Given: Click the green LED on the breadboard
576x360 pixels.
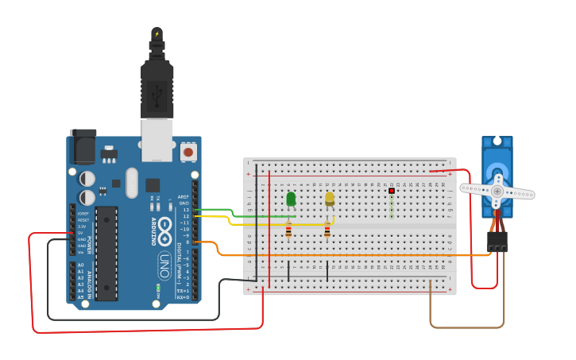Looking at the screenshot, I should [291, 199].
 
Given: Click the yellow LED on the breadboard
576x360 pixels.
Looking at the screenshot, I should [330, 199].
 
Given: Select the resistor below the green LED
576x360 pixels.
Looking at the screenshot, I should [288, 230].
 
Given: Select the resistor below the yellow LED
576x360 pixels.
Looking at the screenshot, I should [327, 230].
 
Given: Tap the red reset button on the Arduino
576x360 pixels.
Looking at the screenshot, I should [188, 151].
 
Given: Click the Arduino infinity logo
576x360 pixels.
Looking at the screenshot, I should [165, 230].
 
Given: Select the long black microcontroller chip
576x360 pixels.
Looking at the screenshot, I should [106, 254].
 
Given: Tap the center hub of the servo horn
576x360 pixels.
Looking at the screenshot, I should [497, 192].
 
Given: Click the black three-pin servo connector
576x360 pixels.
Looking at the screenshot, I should [497, 242].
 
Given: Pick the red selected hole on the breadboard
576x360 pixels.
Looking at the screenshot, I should [392, 191].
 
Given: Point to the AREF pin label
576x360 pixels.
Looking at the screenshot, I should [184, 196].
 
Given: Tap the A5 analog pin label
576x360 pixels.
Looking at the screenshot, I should [80, 297].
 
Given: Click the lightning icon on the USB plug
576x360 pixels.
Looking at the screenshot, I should [157, 34].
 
